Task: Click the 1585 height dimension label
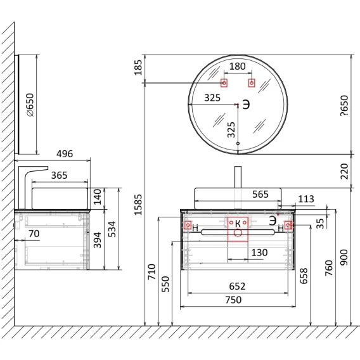(138, 205)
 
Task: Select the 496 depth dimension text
(65, 153)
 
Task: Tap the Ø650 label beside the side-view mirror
(30, 105)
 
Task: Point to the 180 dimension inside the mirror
(238, 67)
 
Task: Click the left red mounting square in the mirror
(224, 82)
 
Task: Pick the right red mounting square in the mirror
(252, 82)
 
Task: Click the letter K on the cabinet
(238, 223)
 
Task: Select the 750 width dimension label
(233, 300)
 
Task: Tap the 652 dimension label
(237, 286)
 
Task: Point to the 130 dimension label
(259, 252)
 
